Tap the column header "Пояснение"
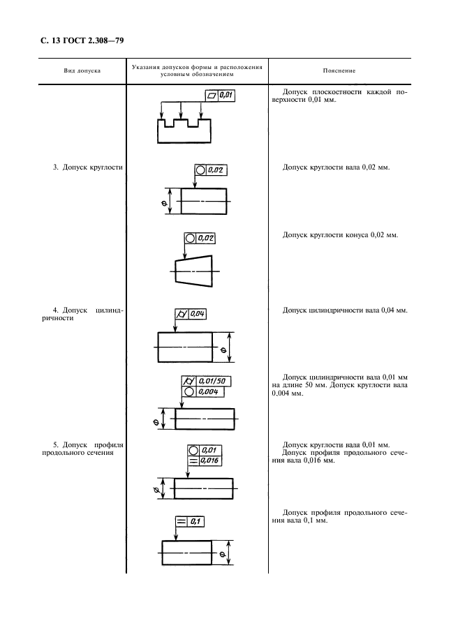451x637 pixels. [339, 71]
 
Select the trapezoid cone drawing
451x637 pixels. [192, 269]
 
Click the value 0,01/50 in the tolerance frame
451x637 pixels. [214, 381]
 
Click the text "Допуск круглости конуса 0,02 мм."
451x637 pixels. [340, 235]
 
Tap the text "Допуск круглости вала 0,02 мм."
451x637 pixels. [336, 167]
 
